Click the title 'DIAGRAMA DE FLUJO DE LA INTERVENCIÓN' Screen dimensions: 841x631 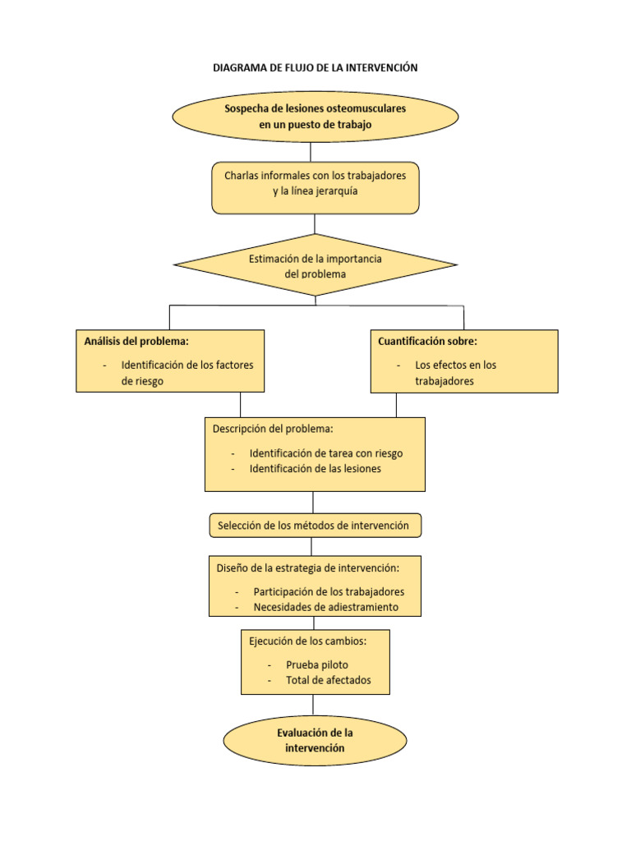tap(315, 68)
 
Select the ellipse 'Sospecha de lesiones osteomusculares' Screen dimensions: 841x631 tap(315, 116)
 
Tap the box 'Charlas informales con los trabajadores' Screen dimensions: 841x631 tap(315, 183)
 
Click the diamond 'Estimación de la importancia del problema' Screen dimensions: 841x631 tap(315, 266)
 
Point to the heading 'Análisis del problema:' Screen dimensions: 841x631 tap(136, 341)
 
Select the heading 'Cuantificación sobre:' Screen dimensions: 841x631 tap(427, 341)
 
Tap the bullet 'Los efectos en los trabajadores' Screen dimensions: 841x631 tap(455, 373)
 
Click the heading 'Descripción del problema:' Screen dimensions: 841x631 tap(273, 429)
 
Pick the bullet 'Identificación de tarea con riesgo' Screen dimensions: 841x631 tap(325, 453)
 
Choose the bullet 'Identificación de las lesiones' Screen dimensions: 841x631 tap(315, 469)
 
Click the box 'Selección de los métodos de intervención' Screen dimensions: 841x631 tap(315, 526)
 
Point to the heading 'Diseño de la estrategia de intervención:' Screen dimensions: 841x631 tap(308, 568)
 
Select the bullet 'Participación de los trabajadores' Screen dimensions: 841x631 tap(328, 591)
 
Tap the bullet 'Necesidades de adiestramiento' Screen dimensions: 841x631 tap(325, 607)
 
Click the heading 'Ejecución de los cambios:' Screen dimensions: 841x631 tap(307, 641)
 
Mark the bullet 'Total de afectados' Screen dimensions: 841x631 tap(328, 680)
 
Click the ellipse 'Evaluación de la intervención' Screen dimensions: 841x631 tap(315, 739)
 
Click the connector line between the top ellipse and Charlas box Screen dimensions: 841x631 tap(311, 152)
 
